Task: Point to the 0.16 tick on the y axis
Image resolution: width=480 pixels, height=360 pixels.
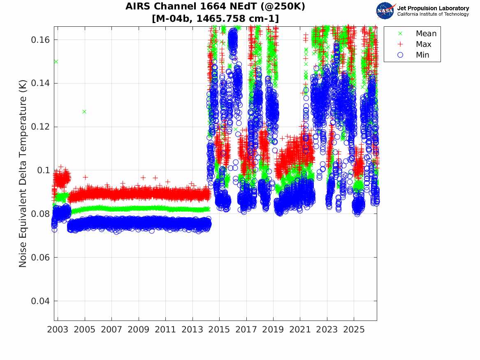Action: [x=40, y=40]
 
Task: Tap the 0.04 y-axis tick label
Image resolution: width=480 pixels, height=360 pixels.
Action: [x=40, y=301]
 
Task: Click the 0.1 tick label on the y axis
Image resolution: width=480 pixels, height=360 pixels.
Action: [x=44, y=170]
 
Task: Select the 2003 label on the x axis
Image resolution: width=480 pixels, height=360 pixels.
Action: [x=58, y=330]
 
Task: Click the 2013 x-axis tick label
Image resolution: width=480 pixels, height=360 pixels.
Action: [x=192, y=330]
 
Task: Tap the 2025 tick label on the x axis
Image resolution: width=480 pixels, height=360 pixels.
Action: [x=354, y=330]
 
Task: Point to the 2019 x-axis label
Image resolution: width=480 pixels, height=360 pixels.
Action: [x=273, y=330]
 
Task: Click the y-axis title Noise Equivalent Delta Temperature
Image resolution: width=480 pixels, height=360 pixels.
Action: [x=23, y=174]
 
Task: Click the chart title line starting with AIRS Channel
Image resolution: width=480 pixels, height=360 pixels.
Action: [x=215, y=6]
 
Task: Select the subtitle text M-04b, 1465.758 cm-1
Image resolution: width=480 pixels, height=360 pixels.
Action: [x=215, y=19]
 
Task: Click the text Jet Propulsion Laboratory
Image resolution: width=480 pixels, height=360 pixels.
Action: [x=433, y=8]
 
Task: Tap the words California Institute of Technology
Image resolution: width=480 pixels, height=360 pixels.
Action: [x=433, y=14]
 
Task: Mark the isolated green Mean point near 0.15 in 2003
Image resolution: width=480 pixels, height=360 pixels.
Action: [x=56, y=62]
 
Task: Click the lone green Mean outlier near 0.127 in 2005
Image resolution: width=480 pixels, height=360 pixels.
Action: [x=84, y=112]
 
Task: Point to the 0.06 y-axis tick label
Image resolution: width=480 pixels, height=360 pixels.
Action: [x=40, y=258]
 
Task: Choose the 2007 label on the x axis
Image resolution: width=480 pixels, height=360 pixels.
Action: [x=111, y=330]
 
